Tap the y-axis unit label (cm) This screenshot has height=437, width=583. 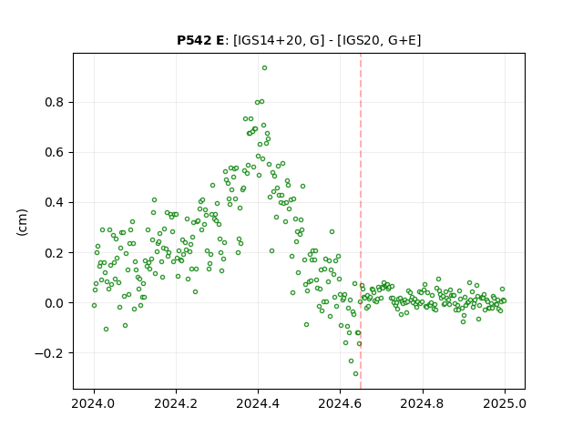[22, 222]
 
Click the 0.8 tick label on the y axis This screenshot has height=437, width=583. [55, 102]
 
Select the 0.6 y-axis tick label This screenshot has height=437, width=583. [55, 152]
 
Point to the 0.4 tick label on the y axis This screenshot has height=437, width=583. [55, 202]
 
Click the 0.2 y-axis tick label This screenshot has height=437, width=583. [55, 253]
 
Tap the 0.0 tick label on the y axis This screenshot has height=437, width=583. [55, 303]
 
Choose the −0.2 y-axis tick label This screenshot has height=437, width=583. [50, 353]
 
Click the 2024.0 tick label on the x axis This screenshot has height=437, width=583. [94, 403]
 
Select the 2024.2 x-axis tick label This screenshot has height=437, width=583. [176, 403]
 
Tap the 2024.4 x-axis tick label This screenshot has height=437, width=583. [258, 403]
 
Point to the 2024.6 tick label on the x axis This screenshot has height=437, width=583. [340, 403]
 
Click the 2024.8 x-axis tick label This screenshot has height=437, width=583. [423, 403]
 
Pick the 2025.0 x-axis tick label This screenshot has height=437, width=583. [505, 403]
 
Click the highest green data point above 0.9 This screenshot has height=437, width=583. [265, 68]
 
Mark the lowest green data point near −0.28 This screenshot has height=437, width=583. [356, 374]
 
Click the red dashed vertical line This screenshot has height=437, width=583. [361, 221]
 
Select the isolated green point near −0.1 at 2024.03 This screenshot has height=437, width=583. [106, 330]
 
